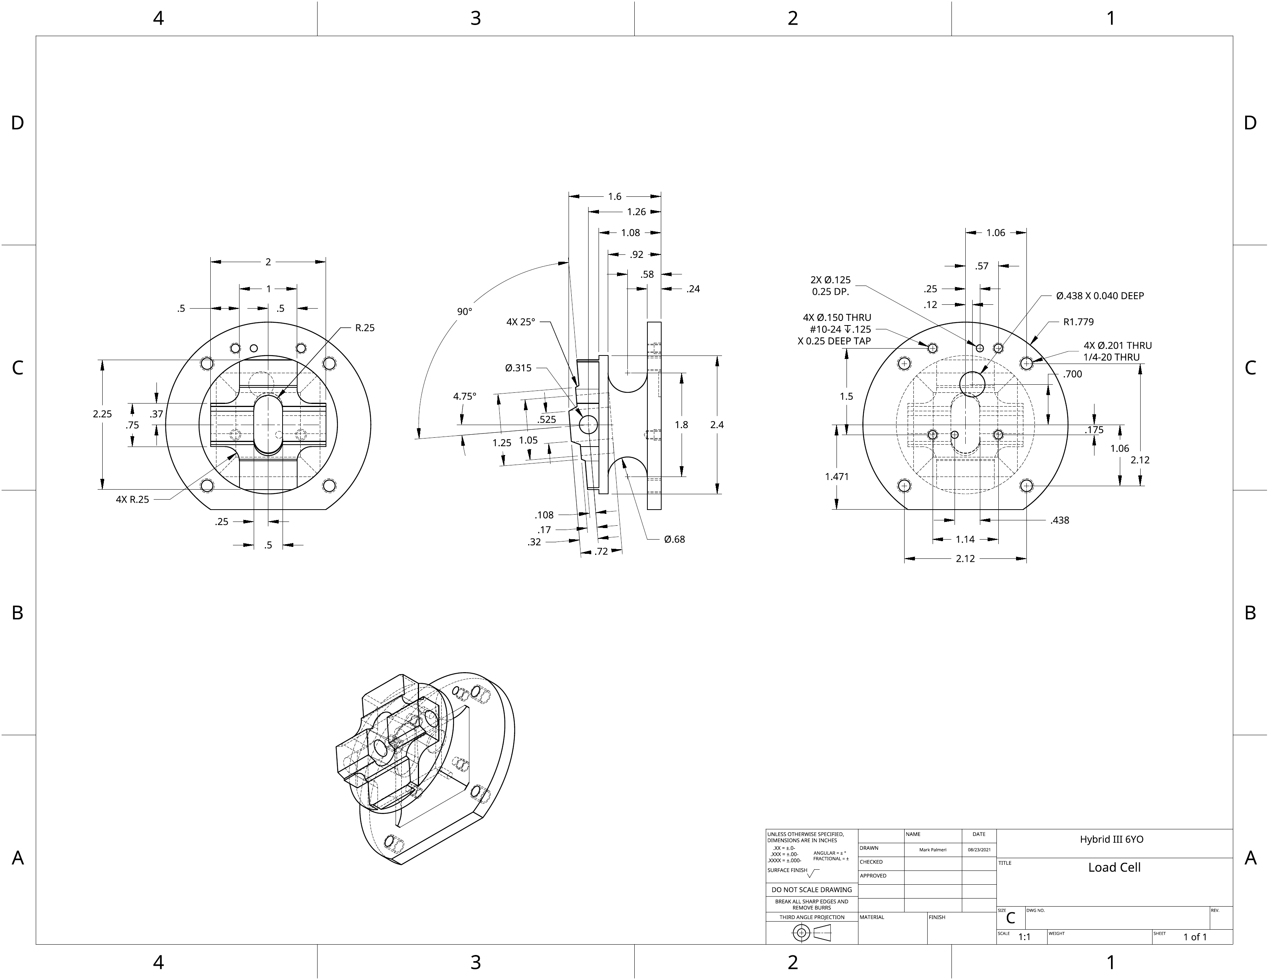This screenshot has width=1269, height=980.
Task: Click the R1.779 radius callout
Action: point(1078,322)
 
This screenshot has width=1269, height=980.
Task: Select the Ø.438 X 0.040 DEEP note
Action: point(1100,296)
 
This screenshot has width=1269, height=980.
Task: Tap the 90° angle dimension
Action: point(464,312)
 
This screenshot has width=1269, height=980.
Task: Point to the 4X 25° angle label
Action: point(521,322)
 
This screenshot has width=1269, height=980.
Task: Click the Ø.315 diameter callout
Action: point(518,368)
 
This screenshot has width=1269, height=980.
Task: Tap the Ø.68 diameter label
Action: point(675,540)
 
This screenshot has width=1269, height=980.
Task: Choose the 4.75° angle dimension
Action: point(464,397)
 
